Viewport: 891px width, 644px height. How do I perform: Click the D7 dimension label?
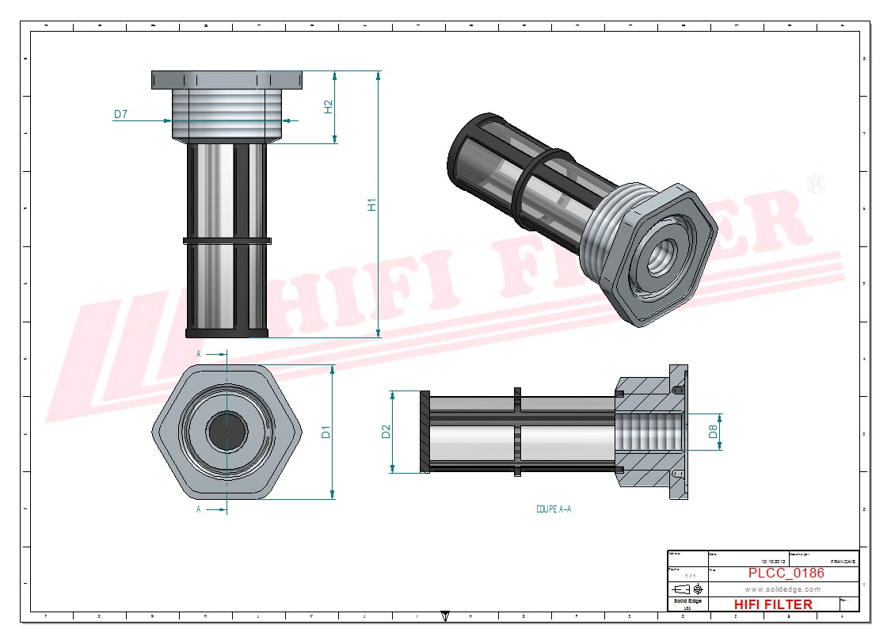120,115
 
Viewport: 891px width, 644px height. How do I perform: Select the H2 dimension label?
329,107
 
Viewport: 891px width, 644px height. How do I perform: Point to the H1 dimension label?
371,204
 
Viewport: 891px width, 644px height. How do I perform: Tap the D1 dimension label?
326,433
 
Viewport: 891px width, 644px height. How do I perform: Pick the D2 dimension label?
386,432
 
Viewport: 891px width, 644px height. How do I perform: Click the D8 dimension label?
713,432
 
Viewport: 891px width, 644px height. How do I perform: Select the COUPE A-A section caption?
553,509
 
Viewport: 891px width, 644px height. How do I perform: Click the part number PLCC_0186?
786,573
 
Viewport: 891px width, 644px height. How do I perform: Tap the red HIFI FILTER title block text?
773,604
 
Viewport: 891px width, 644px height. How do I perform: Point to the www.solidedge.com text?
782,589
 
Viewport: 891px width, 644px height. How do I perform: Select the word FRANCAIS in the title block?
842,561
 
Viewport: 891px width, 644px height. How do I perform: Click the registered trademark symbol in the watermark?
815,185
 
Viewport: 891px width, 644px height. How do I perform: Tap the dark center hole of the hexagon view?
227,433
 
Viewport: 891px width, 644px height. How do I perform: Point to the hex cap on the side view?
227,80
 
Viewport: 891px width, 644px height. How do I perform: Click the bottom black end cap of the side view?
227,332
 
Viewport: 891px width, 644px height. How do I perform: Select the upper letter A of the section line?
199,354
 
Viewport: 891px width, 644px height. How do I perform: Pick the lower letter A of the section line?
199,509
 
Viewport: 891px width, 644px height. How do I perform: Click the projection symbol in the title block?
686,589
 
